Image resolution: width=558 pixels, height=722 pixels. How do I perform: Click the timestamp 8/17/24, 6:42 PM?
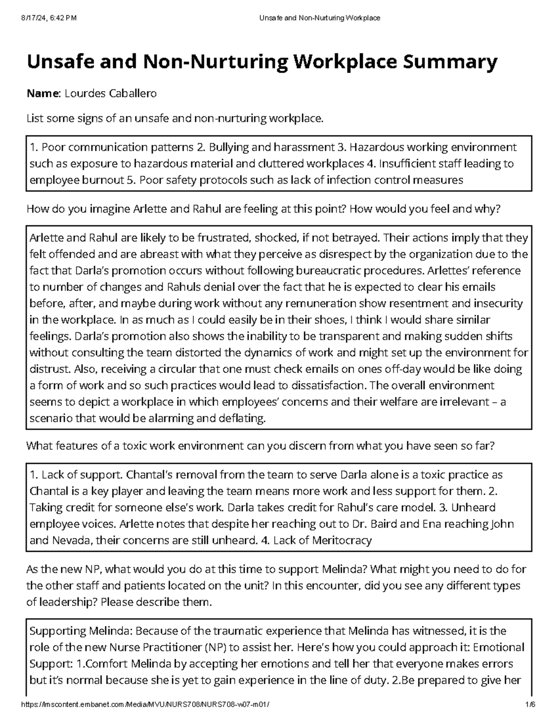point(48,18)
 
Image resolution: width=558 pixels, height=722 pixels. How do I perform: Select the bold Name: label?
point(43,93)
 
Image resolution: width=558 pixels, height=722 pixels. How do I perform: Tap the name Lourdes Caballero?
point(111,93)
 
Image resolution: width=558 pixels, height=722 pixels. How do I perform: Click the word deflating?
point(243,418)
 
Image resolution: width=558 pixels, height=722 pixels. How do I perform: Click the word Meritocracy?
point(342,540)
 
